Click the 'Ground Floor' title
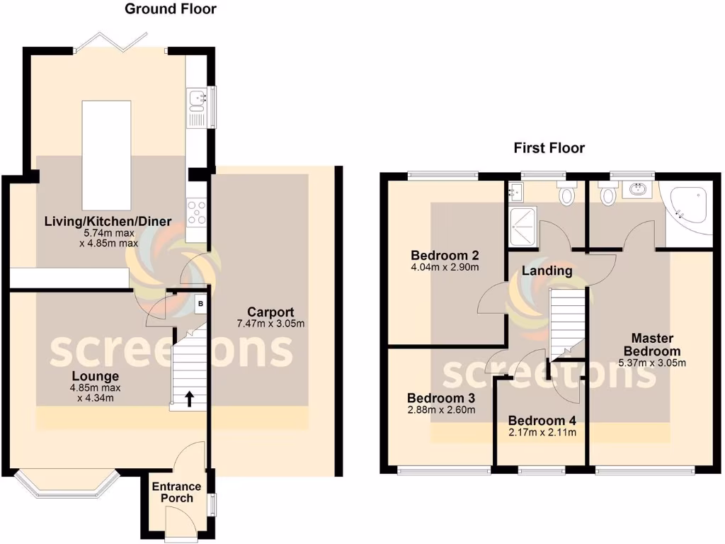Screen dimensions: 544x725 (x=171, y=9)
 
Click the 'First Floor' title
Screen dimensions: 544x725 (x=549, y=148)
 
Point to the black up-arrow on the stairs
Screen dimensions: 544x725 (x=189, y=399)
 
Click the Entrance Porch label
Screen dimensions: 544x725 (x=176, y=492)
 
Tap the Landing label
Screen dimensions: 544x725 (x=547, y=271)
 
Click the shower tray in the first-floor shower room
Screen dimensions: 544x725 (x=524, y=225)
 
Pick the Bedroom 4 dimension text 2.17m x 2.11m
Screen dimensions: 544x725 (x=542, y=433)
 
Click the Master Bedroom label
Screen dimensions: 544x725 (x=652, y=344)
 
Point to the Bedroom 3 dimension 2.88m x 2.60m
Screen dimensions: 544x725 (x=440, y=409)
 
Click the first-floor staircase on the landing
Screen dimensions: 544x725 (x=569, y=322)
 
